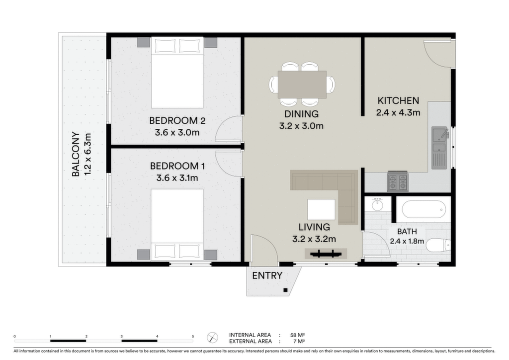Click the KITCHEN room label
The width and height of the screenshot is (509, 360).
(398, 100)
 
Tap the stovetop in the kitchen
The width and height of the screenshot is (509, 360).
(398, 181)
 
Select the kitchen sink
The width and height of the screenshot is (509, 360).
(439, 148)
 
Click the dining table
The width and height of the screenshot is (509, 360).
(302, 85)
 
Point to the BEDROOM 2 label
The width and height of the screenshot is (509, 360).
(177, 121)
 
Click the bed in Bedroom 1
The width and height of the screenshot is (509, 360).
(177, 225)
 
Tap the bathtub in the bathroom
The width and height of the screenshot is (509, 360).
(424, 210)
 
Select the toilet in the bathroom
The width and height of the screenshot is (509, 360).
(438, 246)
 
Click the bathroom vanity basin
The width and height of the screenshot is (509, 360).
(377, 204)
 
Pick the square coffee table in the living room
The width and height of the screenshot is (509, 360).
(322, 209)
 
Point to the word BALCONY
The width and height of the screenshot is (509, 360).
(76, 154)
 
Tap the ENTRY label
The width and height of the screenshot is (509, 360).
(267, 275)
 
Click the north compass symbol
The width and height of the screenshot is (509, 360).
(212, 338)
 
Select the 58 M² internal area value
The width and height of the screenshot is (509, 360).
(297, 335)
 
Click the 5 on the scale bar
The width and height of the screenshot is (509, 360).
(193, 337)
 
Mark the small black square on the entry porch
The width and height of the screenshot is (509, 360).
(285, 290)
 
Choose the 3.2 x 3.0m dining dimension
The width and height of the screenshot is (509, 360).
(301, 126)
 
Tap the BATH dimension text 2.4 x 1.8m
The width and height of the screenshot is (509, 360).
(407, 241)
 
